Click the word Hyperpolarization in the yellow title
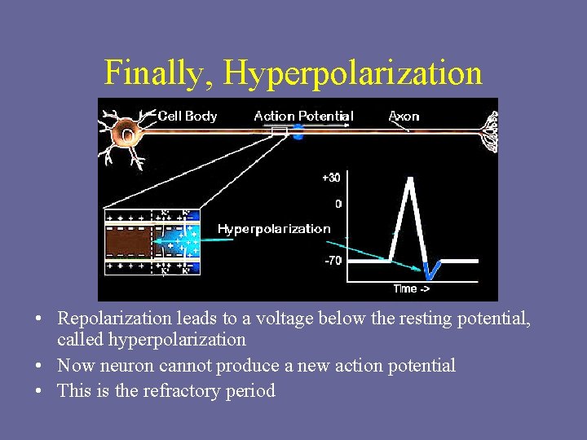[352, 73]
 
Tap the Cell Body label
[188, 117]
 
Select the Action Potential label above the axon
[303, 117]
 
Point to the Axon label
[404, 117]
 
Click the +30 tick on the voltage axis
[331, 177]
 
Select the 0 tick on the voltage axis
[337, 204]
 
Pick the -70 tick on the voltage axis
[332, 261]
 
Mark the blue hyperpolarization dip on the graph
[432, 269]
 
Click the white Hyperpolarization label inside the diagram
[274, 229]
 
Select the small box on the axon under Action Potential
[280, 130]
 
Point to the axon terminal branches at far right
[489, 131]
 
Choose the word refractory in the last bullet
[184, 391]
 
